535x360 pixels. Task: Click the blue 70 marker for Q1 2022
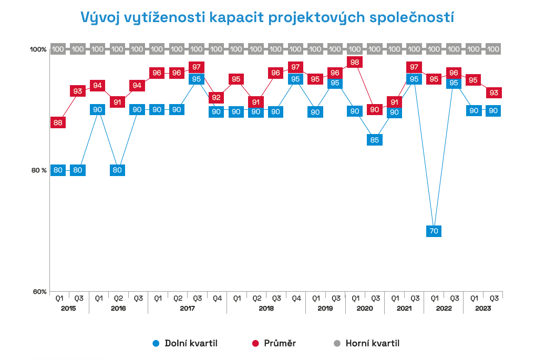[434, 230]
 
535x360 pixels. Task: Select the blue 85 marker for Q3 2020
[374, 140]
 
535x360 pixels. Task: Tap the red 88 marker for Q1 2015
[58, 122]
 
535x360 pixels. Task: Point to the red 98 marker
[355, 62]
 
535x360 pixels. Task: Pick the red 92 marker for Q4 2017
[216, 98]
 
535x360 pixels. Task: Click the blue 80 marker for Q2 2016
[117, 170]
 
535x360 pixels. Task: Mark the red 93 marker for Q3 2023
[493, 92]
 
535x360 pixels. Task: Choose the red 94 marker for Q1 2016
[98, 86]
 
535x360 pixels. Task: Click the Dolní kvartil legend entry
[184, 344]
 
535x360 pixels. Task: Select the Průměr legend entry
[273, 344]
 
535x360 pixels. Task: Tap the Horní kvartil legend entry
[367, 344]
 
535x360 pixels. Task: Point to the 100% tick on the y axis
[38, 49]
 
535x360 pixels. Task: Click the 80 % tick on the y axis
[38, 170]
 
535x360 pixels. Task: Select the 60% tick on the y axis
[40, 292]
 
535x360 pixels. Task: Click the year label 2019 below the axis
[325, 308]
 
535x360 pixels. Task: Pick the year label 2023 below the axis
[483, 308]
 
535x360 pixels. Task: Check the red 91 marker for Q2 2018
[255, 102]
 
